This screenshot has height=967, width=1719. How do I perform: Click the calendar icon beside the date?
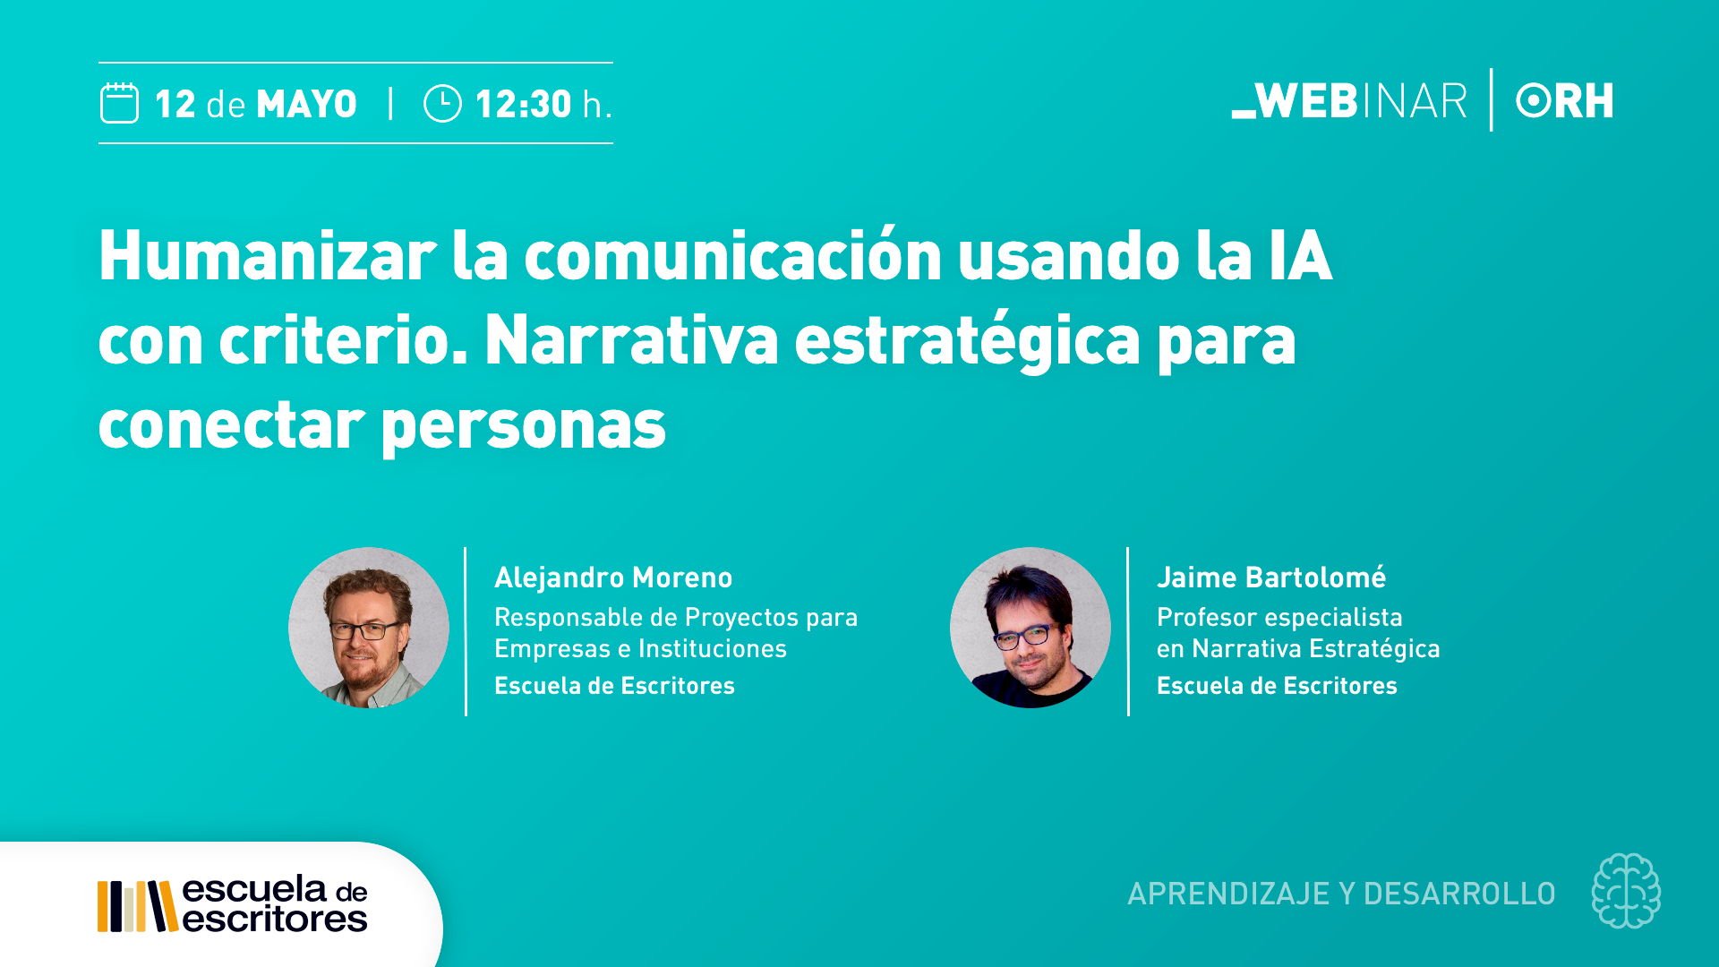tap(119, 103)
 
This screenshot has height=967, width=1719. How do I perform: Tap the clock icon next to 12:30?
tap(442, 103)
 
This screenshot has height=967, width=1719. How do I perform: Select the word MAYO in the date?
tap(307, 104)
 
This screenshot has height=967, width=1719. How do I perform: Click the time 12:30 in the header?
tap(524, 104)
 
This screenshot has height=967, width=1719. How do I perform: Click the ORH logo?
tap(1565, 100)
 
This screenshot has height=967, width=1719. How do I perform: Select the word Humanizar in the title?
tap(268, 256)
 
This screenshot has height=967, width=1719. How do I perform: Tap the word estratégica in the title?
tap(968, 340)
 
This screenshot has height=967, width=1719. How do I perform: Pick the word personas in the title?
tap(524, 427)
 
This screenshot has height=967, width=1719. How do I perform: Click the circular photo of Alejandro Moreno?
tap(369, 628)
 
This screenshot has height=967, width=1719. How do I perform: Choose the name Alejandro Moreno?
tap(613, 578)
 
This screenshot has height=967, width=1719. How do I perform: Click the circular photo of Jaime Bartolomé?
tap(1031, 628)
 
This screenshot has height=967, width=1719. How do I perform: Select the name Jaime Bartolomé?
tap(1271, 578)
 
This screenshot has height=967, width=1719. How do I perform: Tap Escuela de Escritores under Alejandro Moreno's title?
tap(614, 686)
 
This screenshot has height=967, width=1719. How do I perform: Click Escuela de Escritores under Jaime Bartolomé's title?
tap(1277, 686)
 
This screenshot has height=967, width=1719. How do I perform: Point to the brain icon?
tap(1626, 891)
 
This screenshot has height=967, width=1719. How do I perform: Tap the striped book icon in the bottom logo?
tap(137, 906)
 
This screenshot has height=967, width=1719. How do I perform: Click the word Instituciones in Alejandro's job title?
tap(713, 648)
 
